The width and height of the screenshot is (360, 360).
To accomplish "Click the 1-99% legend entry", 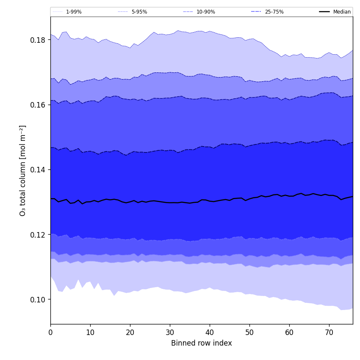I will point(73,12).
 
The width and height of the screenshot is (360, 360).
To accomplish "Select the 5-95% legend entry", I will point(139,12).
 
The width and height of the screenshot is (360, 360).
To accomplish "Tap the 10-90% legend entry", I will point(205,12).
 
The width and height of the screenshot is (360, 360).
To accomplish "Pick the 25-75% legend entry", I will point(274,12).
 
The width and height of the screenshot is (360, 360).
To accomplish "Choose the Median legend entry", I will point(341,12).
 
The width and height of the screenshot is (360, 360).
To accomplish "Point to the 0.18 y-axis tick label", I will point(37,40).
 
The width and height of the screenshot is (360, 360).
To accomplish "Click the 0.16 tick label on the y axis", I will point(37,105).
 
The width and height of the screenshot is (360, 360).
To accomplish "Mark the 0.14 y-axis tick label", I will point(37,169).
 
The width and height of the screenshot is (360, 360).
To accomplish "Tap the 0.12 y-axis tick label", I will point(37,235).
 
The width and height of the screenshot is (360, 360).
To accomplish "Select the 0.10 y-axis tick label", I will point(37,299).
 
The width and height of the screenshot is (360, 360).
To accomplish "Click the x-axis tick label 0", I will point(50,332).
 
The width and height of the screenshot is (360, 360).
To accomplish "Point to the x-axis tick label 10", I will point(90,332).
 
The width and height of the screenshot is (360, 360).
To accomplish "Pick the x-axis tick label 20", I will point(130,332).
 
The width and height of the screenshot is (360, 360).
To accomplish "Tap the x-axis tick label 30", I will point(170,332).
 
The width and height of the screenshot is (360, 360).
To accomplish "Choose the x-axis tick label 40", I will point(210,332).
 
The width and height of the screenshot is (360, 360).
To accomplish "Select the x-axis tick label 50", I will point(249,332).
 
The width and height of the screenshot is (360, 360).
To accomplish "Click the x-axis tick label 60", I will point(289,332).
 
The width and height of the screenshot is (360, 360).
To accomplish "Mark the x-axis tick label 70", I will point(329,332).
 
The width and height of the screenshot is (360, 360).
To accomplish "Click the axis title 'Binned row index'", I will point(202,343).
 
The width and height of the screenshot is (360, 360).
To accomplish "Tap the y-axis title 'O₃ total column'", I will point(23,170).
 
